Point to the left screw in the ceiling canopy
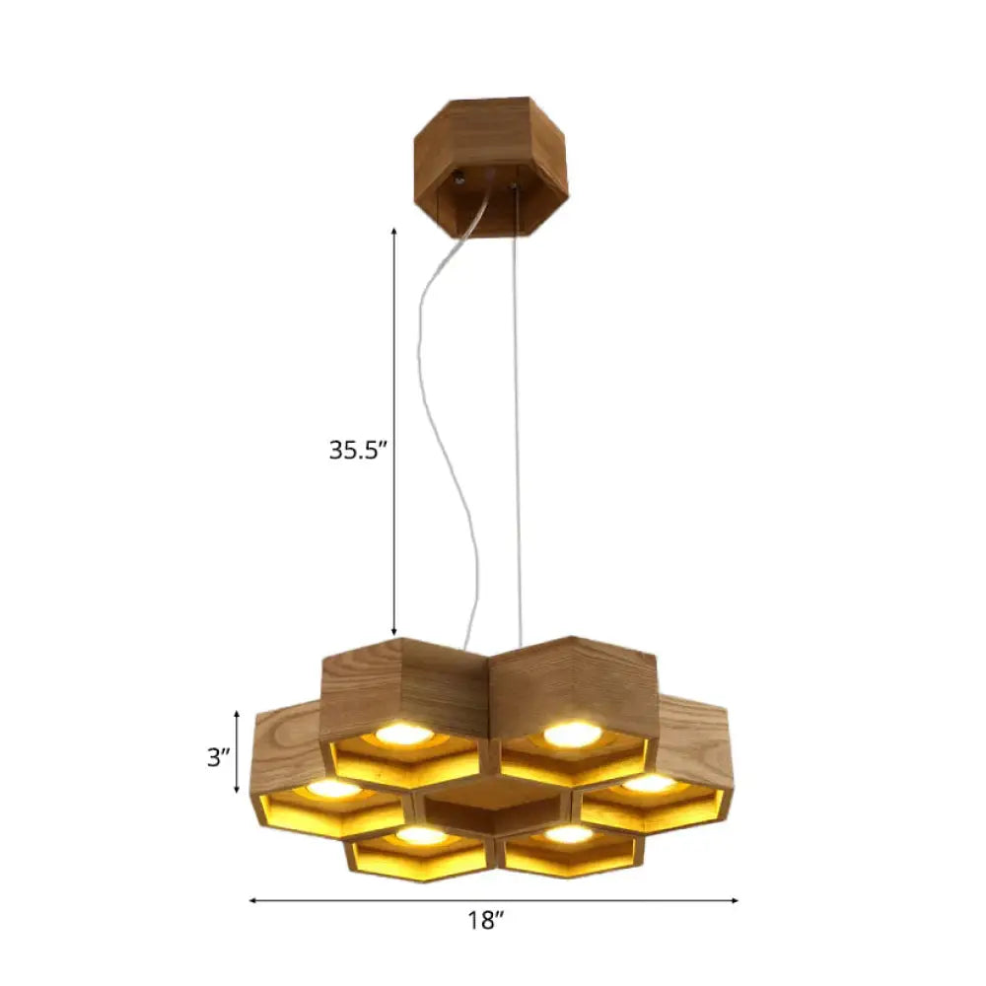point(460,179)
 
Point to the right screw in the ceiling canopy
point(513,182)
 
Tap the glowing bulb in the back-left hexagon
point(404,734)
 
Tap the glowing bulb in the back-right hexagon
point(572,734)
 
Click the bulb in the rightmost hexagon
point(650,783)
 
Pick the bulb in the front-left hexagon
point(422,835)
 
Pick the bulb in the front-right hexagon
point(569,834)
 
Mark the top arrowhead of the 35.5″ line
point(394,230)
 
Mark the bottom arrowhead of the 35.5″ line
point(394,632)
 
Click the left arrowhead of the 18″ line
point(252,900)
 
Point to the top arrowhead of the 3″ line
point(237,713)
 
